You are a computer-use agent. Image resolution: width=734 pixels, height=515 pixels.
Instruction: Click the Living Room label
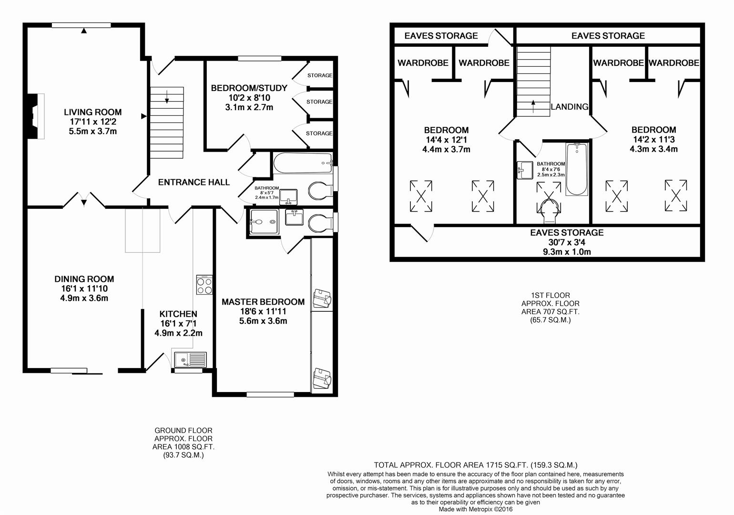coord(93,112)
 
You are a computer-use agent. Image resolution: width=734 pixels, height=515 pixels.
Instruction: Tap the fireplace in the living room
coord(36,116)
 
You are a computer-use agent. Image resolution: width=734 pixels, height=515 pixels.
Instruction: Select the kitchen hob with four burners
coord(204,285)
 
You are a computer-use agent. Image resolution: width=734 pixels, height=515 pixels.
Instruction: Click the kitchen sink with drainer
coord(190,360)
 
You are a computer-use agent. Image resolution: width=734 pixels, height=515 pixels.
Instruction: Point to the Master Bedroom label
coord(263,302)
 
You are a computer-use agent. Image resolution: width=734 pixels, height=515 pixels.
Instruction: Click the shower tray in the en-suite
coord(265,222)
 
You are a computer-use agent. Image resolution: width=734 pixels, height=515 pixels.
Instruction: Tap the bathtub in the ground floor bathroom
coord(303,163)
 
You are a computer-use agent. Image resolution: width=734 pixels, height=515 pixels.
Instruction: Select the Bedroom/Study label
coord(249,88)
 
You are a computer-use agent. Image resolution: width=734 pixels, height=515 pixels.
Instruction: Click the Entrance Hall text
coord(194,182)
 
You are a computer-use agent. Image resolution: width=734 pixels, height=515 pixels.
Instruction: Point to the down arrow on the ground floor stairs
coord(167,97)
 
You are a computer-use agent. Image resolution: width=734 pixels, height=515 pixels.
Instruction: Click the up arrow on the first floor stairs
coord(533,106)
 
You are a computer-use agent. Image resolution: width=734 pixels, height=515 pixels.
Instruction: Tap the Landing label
coord(570,107)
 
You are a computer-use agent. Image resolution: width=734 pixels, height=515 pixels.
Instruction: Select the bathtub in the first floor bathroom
coord(577,169)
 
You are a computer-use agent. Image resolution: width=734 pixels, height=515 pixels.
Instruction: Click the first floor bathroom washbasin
coord(525,170)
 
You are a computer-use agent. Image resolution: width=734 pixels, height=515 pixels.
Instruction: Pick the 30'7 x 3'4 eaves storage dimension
coord(567,243)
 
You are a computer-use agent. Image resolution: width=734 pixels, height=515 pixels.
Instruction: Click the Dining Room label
coord(84,279)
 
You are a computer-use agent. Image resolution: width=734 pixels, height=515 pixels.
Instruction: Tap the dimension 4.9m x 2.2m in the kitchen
coord(179,333)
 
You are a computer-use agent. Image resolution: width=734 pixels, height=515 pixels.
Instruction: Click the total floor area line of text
coord(476,465)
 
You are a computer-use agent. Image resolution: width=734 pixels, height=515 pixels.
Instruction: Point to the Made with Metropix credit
coord(476,509)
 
